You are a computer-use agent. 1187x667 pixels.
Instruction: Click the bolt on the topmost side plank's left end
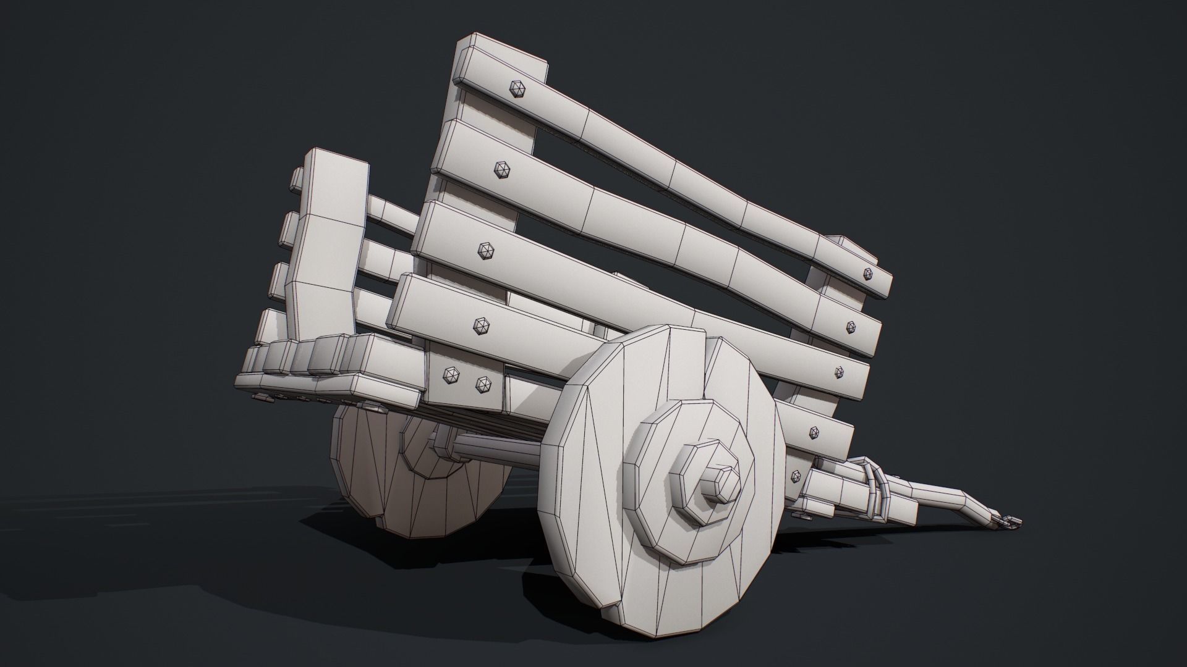point(516,88)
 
